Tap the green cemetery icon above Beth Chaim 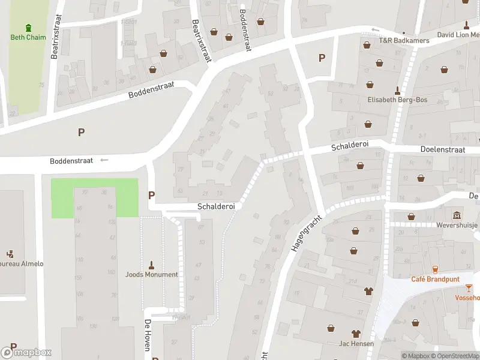click(29, 28)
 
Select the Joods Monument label click(151, 274)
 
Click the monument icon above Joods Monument click(151, 265)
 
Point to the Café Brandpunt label click(436, 279)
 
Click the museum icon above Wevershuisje click(457, 215)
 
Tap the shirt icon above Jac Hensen click(356, 334)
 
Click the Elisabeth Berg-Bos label click(397, 100)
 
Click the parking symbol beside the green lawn click(151, 194)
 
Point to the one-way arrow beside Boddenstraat click(104, 160)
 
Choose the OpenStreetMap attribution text click(454, 356)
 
